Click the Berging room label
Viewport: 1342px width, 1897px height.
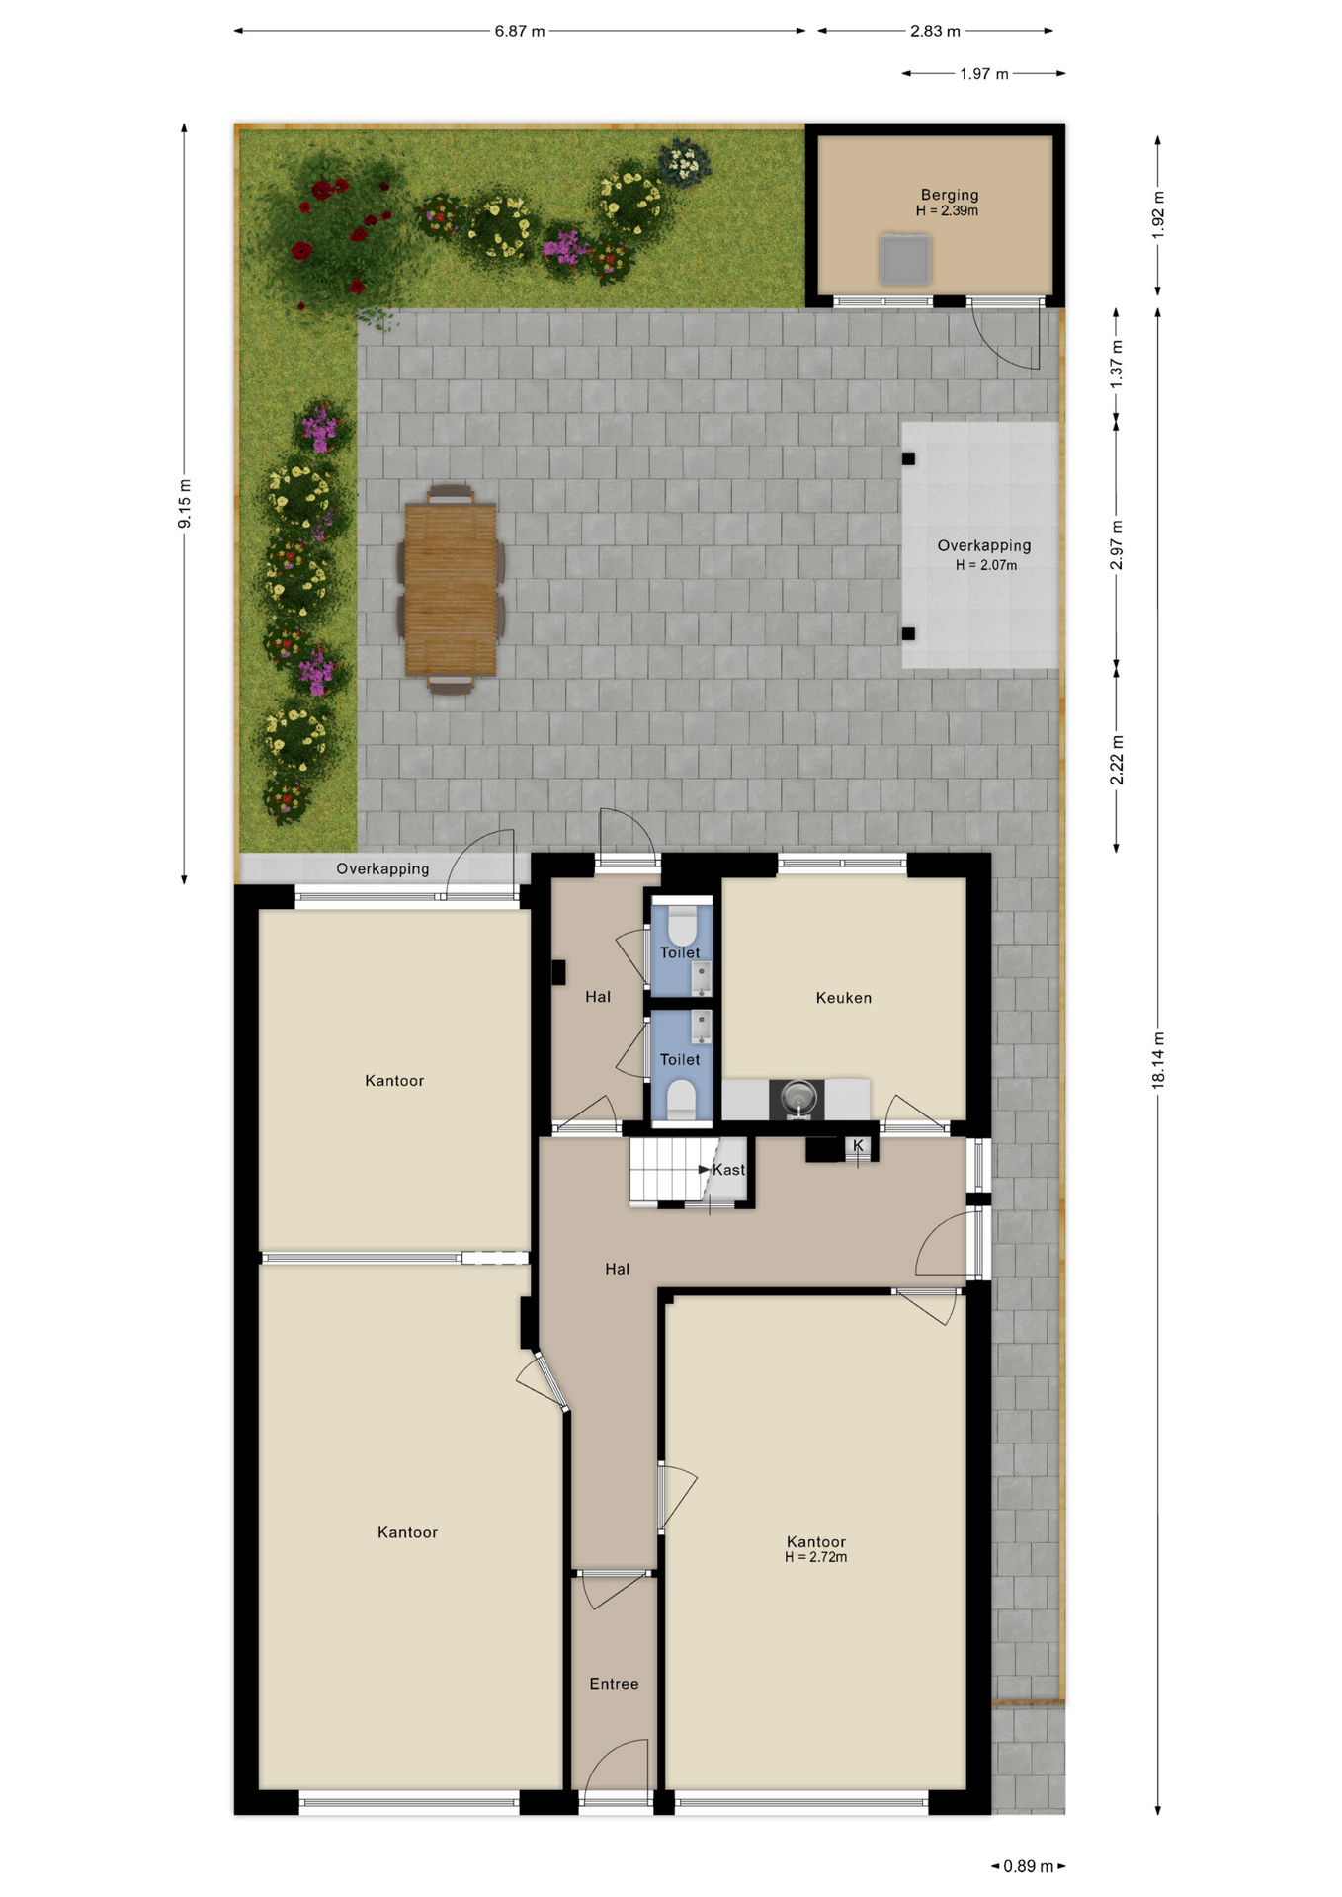click(949, 195)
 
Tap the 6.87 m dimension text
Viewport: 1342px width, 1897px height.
click(520, 31)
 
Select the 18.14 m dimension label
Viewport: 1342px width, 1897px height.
click(1158, 1060)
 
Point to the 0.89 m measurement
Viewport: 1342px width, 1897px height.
click(1028, 1866)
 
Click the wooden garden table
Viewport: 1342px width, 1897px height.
click(451, 589)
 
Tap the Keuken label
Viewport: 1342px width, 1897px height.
click(844, 998)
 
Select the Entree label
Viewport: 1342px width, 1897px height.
click(614, 1684)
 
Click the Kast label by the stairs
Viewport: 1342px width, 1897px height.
click(729, 1170)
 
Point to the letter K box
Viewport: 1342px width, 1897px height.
click(858, 1146)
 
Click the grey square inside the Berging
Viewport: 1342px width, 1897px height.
click(905, 259)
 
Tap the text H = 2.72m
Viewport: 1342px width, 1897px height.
click(815, 1557)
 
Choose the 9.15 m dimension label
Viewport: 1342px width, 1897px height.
click(185, 504)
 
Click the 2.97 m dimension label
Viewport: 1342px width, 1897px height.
click(1117, 545)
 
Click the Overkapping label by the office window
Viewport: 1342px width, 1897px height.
click(382, 868)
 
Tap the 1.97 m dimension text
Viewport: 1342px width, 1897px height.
click(984, 74)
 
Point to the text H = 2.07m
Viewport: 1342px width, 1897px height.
click(985, 565)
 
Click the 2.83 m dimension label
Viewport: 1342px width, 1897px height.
click(936, 31)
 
